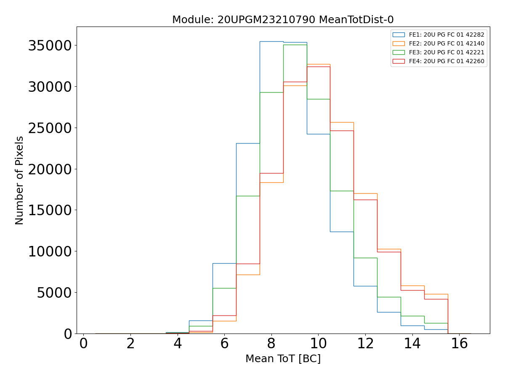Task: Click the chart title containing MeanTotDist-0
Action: pos(283,20)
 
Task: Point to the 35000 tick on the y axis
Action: pos(50,45)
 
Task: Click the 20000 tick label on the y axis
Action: pos(50,169)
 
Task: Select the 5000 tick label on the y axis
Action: pos(55,293)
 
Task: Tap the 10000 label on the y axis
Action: pos(50,251)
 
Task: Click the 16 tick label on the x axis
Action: pos(459,344)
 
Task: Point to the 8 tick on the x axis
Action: pos(271,344)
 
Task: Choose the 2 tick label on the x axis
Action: pos(130,344)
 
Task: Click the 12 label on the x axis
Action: pos(365,344)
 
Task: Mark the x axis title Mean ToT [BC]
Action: pos(283,359)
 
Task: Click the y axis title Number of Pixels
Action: pos(20,180)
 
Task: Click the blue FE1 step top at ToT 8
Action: pos(271,41)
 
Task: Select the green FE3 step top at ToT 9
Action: pos(295,45)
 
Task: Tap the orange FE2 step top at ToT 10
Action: pos(319,64)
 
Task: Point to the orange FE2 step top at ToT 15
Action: pos(436,294)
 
